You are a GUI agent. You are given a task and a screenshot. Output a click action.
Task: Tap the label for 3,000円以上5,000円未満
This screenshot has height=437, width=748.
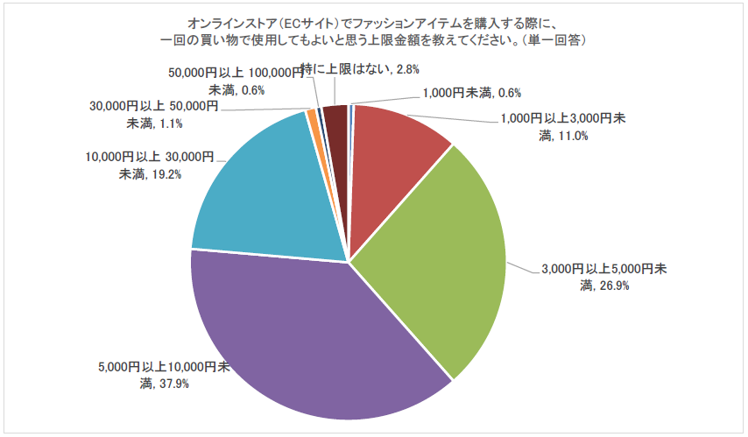[x=601, y=277]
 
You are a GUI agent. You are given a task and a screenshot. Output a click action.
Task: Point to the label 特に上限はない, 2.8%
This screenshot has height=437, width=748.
[x=351, y=68]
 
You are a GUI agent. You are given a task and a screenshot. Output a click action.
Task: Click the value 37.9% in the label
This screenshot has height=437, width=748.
[x=172, y=384]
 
